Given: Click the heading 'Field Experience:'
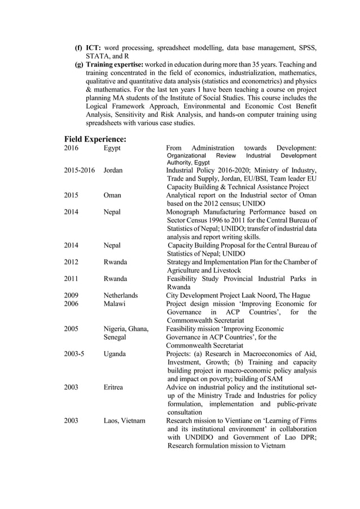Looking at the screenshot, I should (95, 139).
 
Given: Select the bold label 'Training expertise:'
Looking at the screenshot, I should (115, 65).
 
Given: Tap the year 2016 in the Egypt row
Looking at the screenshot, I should (71, 148).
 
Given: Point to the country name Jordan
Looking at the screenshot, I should (113, 170).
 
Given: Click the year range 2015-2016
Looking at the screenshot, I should (79, 170).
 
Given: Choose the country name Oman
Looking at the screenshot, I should (113, 195).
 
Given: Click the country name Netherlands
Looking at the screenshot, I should (121, 295).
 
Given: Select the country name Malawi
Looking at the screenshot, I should (115, 304).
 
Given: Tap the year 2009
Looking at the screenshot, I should (71, 295).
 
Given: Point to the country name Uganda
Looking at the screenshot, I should (115, 354).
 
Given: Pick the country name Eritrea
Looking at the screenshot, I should (115, 388).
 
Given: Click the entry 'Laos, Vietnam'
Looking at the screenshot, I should (124, 421).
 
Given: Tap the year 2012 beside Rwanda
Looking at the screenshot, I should (71, 262).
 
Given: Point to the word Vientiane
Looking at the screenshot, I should (245, 421).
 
